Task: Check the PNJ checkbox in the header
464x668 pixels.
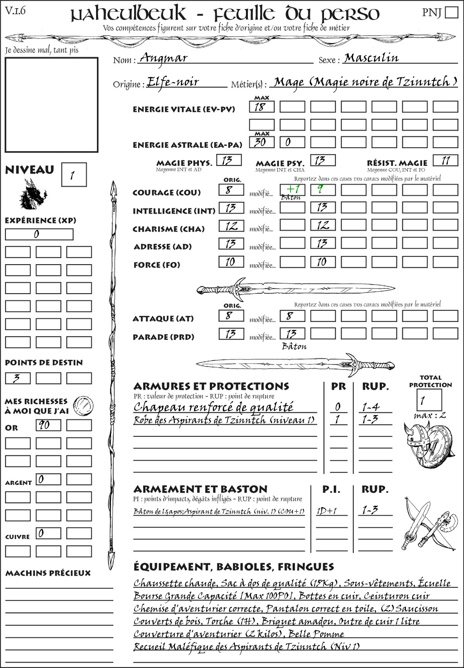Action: (x=451, y=12)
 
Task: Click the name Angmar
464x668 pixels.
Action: (x=164, y=58)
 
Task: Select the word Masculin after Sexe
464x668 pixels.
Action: (x=371, y=58)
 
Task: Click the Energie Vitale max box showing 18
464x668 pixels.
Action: (x=261, y=107)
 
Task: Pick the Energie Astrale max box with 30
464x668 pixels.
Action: (x=261, y=142)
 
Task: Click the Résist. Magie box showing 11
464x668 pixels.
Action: (x=445, y=160)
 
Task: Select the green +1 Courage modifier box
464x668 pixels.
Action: (x=292, y=189)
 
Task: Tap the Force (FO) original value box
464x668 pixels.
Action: (x=231, y=261)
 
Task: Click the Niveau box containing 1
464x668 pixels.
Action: (x=73, y=174)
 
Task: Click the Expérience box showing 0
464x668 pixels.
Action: (x=39, y=234)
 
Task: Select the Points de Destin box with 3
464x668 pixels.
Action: (x=18, y=378)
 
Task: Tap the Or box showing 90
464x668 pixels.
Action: (x=48, y=425)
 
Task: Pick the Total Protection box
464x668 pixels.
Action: (x=429, y=400)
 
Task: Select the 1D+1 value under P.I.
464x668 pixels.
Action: (x=327, y=511)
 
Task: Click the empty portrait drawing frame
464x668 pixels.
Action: (x=51, y=105)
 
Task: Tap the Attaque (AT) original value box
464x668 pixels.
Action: (x=231, y=315)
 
